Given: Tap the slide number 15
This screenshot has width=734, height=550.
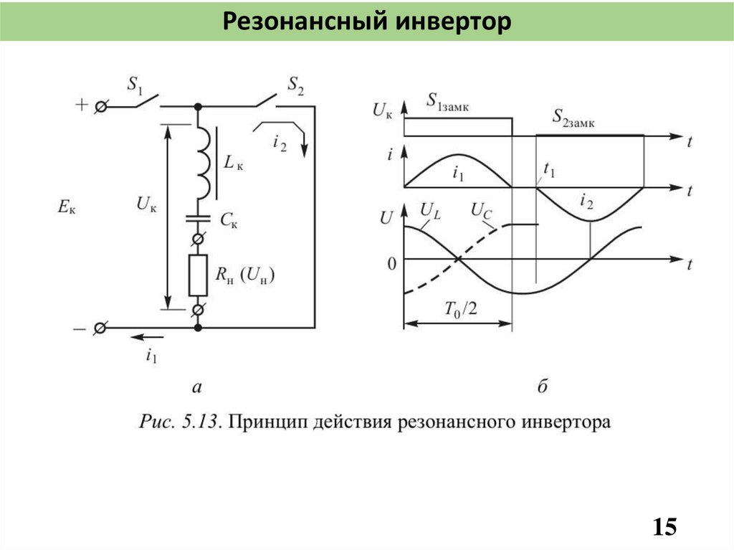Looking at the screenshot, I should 664,528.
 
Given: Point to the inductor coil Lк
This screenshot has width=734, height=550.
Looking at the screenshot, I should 204,163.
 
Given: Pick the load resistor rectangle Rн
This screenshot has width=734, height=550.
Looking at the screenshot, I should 198,275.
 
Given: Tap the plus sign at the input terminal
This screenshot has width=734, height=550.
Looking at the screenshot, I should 81,105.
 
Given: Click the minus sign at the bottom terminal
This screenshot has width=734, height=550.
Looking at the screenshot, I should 80,328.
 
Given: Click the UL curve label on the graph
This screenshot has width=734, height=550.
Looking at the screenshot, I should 430,210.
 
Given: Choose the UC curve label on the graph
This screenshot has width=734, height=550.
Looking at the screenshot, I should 480,210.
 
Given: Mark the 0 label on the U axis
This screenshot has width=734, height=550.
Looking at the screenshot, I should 391,265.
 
